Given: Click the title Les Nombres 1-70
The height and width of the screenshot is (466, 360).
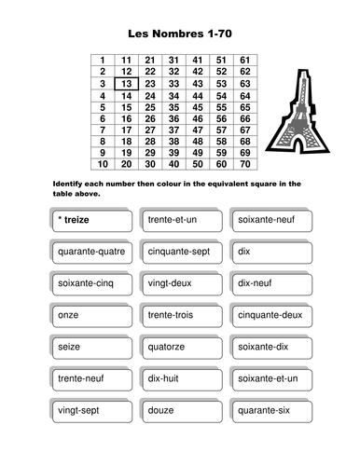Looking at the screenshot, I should (180, 34).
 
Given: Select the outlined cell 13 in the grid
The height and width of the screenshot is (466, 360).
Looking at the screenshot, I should (126, 83).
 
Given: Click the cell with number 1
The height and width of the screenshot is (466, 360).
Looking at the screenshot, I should (102, 60).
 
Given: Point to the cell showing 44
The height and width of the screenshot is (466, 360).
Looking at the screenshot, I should (196, 94).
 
